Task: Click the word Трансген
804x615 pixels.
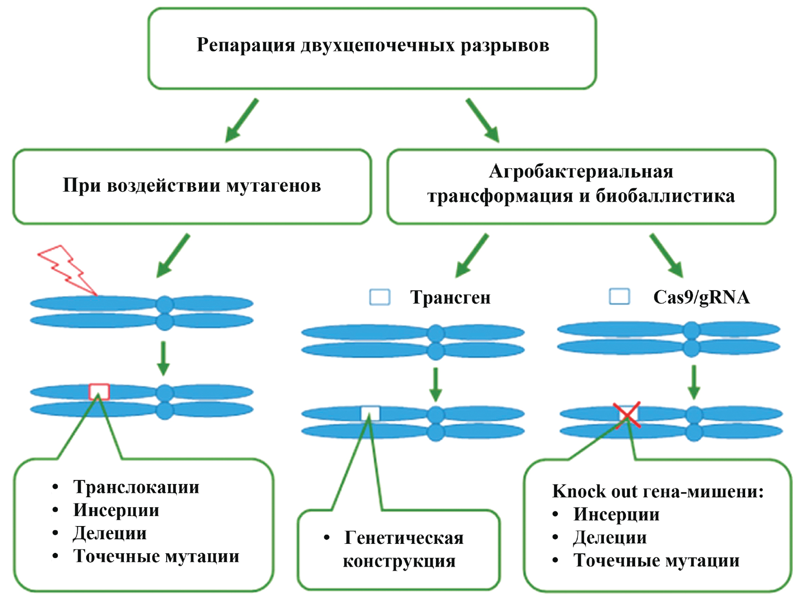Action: [x=450, y=298]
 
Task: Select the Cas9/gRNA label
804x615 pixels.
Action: [x=701, y=297]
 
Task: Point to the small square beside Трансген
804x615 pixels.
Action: [x=379, y=297]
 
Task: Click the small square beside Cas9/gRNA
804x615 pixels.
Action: [x=619, y=297]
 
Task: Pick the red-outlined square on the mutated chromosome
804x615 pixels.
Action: [x=99, y=392]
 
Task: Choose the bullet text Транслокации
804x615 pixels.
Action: [x=136, y=487]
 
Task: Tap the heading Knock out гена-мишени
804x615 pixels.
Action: [x=657, y=492]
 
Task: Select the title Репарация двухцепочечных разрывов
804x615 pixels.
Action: [x=372, y=46]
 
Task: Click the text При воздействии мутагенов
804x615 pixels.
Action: [x=192, y=186]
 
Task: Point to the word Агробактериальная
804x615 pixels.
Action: [x=581, y=171]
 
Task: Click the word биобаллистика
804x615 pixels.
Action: [x=665, y=196]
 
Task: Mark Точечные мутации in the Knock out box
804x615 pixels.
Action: [x=656, y=560]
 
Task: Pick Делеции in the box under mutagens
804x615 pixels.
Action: [x=110, y=533]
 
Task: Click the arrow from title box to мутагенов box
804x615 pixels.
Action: [x=241, y=121]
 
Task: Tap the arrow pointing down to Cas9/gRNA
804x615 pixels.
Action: [x=667, y=255]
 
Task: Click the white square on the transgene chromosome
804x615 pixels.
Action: [x=370, y=413]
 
